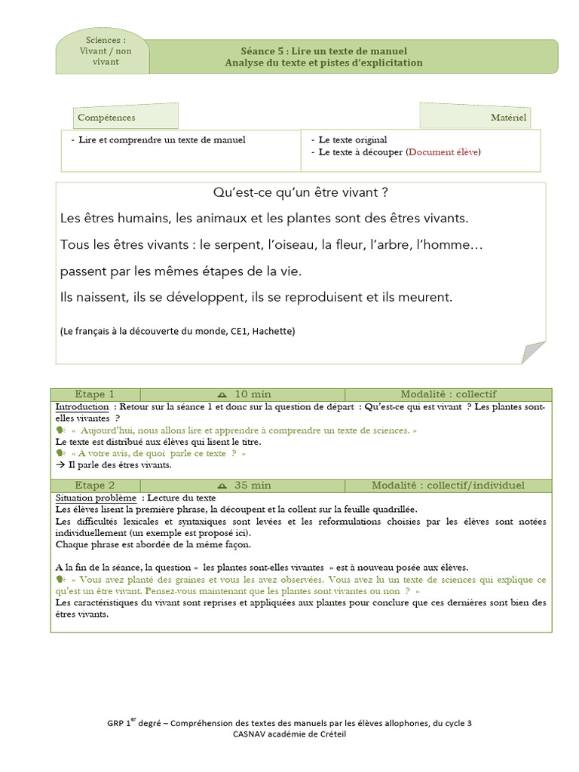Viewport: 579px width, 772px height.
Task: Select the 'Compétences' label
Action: click(x=107, y=118)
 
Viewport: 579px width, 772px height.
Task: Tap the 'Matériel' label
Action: click(x=508, y=118)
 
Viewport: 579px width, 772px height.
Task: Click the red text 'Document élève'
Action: click(x=443, y=152)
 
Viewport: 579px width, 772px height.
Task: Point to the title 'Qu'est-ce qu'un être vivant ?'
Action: click(x=300, y=192)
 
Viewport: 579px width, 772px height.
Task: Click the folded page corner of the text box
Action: click(x=533, y=351)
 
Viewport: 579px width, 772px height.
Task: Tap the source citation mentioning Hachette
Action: click(x=177, y=331)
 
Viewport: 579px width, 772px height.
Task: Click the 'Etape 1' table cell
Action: click(x=95, y=394)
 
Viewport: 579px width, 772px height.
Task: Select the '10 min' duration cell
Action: click(x=243, y=394)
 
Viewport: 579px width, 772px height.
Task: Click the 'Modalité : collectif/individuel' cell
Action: click(x=448, y=485)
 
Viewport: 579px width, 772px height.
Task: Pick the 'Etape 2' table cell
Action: click(x=95, y=485)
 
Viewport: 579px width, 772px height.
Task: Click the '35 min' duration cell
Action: click(x=243, y=485)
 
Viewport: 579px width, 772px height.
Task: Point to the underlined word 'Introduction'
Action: click(x=82, y=406)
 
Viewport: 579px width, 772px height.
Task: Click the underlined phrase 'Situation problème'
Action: click(x=96, y=498)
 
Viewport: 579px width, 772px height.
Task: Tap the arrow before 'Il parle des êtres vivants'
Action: click(x=60, y=465)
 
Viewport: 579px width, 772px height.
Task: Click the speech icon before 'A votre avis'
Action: click(x=60, y=454)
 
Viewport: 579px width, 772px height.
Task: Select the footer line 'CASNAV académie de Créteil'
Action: click(x=289, y=734)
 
